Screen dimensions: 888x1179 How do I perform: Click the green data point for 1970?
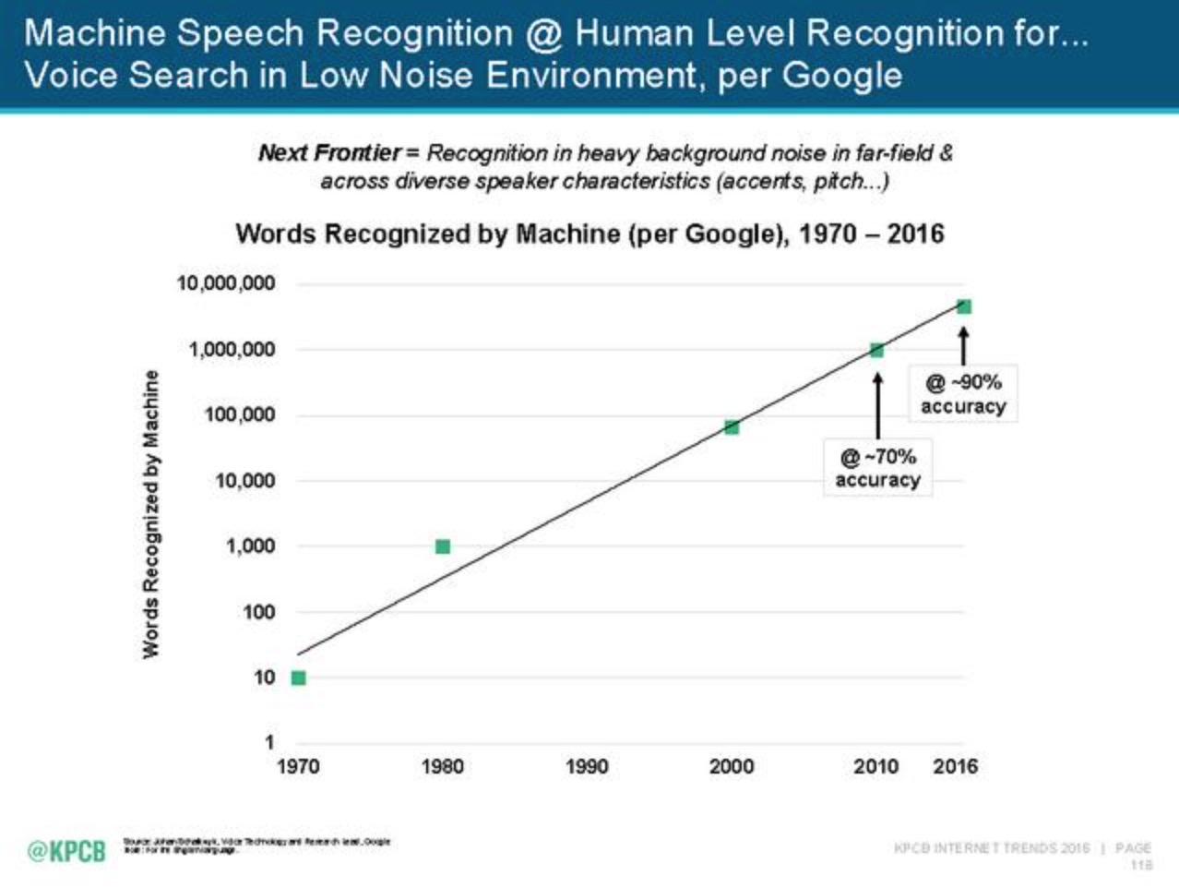(298, 678)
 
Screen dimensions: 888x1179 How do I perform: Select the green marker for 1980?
(443, 546)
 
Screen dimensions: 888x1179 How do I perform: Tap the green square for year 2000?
(732, 427)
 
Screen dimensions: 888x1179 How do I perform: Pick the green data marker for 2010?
(876, 350)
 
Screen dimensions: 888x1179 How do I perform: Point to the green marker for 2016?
(964, 306)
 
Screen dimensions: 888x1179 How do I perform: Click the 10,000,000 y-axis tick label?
(226, 283)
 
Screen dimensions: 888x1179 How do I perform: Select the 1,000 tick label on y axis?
(250, 546)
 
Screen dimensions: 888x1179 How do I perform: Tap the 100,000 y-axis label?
(240, 415)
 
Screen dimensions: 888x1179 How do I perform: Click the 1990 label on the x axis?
(587, 766)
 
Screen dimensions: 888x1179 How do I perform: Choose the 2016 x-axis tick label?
(955, 766)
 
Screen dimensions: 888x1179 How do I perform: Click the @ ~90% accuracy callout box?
(963, 394)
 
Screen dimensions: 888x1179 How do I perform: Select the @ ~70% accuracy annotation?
(877, 468)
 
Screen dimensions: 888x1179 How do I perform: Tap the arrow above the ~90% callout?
(963, 346)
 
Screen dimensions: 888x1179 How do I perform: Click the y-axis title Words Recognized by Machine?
(151, 514)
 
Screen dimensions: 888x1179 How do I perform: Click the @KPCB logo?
(66, 850)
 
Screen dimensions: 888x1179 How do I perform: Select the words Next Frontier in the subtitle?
(329, 153)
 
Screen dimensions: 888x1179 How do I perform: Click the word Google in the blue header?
(841, 75)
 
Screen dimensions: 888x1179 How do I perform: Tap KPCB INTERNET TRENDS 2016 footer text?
(992, 847)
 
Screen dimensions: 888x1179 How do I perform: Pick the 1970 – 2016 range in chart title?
(871, 234)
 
